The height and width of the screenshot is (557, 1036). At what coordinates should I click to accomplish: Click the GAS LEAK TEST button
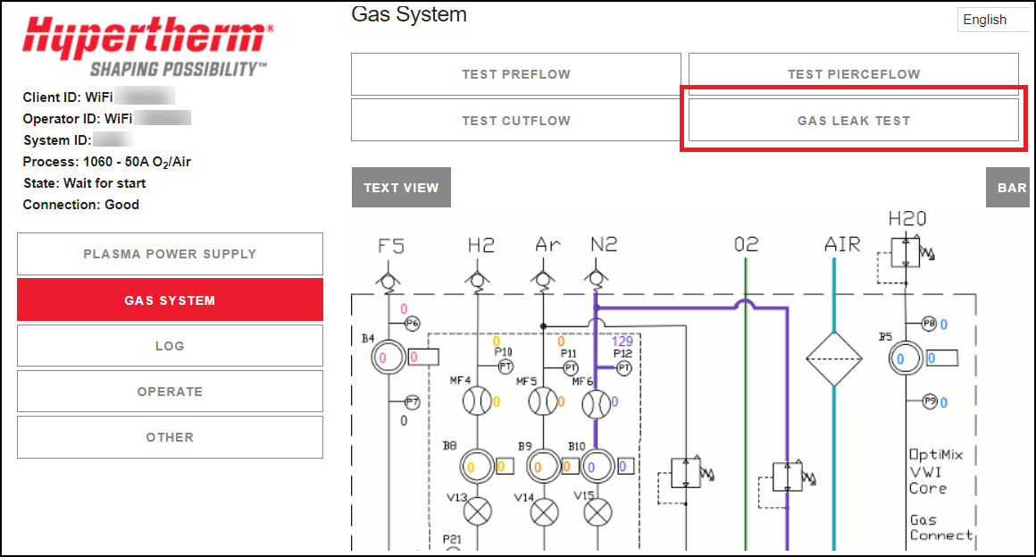pyautogui.click(x=853, y=121)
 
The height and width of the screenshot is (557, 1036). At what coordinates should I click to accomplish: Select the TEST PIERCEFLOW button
pyautogui.click(x=853, y=74)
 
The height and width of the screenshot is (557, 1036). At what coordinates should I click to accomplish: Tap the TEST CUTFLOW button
pyautogui.click(x=515, y=121)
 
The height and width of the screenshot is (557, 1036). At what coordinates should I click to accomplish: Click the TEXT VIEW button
pyautogui.click(x=401, y=188)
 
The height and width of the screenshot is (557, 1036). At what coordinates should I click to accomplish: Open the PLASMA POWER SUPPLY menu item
pyautogui.click(x=170, y=254)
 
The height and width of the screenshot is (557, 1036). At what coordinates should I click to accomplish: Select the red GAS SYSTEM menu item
pyautogui.click(x=170, y=300)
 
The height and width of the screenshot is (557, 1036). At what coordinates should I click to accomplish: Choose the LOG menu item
pyautogui.click(x=170, y=346)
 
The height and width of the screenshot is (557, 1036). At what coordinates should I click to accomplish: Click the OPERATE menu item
pyautogui.click(x=170, y=392)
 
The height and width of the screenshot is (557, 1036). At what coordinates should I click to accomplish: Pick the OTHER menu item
pyautogui.click(x=170, y=437)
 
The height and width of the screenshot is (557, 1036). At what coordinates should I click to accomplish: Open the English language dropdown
pyautogui.click(x=991, y=20)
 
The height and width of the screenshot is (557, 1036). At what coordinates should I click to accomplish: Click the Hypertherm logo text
pyautogui.click(x=147, y=38)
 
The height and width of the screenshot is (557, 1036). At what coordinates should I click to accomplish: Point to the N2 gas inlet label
pyautogui.click(x=604, y=244)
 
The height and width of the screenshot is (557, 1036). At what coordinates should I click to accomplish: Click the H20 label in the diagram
pyautogui.click(x=906, y=219)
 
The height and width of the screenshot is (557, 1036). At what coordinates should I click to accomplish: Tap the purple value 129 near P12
pyautogui.click(x=622, y=342)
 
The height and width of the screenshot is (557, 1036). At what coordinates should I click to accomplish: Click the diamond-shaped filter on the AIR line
pyautogui.click(x=833, y=359)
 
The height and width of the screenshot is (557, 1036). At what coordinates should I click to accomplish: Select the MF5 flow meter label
pyautogui.click(x=527, y=381)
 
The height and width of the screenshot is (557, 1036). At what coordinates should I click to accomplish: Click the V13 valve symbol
pyautogui.click(x=480, y=512)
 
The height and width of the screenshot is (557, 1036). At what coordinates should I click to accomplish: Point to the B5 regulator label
pyautogui.click(x=884, y=337)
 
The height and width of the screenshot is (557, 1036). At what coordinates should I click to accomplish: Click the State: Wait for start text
pyautogui.click(x=84, y=183)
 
